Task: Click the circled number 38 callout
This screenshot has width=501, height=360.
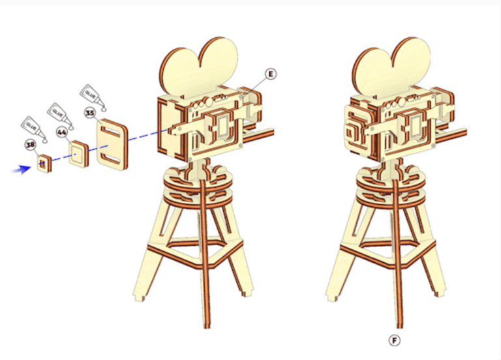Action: coord(31,145)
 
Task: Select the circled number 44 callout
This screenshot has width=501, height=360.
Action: coord(62,132)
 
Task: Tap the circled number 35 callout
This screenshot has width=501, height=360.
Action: coord(90,113)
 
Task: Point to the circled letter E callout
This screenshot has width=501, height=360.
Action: coord(271,74)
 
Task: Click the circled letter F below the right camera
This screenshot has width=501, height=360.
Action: coord(395,340)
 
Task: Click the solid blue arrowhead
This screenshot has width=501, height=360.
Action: coord(22,170)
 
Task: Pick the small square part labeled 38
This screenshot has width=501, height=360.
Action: coord(44,163)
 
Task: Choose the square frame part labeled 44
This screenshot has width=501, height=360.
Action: coord(78,154)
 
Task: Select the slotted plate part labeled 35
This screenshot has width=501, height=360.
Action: coord(112,144)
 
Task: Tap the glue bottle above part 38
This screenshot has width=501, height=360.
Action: coord(34,129)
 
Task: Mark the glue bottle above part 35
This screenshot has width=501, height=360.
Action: coord(93,97)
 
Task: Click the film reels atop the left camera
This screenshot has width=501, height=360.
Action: coord(199,67)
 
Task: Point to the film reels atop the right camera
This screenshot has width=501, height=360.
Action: coord(391,67)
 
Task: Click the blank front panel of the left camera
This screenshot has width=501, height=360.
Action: coord(171,128)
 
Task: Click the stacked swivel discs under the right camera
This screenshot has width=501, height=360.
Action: coord(391,188)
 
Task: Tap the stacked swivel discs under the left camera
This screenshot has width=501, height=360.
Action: coord(198,188)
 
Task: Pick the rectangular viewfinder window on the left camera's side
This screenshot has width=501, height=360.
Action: coord(223,125)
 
